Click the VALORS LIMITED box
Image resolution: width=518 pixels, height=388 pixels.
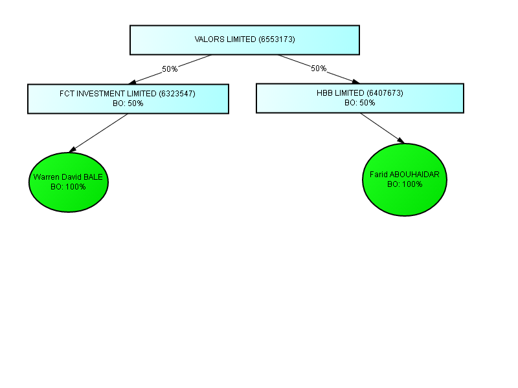(x=245, y=40)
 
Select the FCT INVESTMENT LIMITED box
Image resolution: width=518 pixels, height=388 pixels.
(x=128, y=99)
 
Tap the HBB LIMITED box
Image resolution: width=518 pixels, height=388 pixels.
(x=360, y=98)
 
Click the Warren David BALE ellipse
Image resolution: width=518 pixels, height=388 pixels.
(x=69, y=182)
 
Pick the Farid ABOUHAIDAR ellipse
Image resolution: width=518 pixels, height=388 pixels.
(x=405, y=180)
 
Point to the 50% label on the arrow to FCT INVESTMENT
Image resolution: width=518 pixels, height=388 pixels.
(x=170, y=69)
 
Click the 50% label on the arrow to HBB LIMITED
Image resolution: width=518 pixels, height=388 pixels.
(x=319, y=69)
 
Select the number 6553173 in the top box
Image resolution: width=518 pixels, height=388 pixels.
(x=276, y=39)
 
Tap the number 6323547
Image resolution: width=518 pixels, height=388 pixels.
(x=177, y=94)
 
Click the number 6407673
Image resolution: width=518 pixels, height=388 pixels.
(x=385, y=93)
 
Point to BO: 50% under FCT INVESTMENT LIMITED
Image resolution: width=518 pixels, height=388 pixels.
(x=128, y=103)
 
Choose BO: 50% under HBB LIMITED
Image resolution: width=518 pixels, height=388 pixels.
(x=360, y=103)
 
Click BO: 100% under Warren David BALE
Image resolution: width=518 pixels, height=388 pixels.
(x=68, y=187)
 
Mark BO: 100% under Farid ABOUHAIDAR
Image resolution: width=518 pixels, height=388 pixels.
(x=405, y=184)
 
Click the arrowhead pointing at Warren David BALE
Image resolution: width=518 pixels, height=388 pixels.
(x=73, y=149)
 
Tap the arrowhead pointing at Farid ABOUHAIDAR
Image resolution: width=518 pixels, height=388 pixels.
(x=401, y=140)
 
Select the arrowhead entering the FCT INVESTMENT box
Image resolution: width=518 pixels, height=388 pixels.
(x=132, y=82)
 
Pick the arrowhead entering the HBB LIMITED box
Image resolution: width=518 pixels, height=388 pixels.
(x=355, y=81)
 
